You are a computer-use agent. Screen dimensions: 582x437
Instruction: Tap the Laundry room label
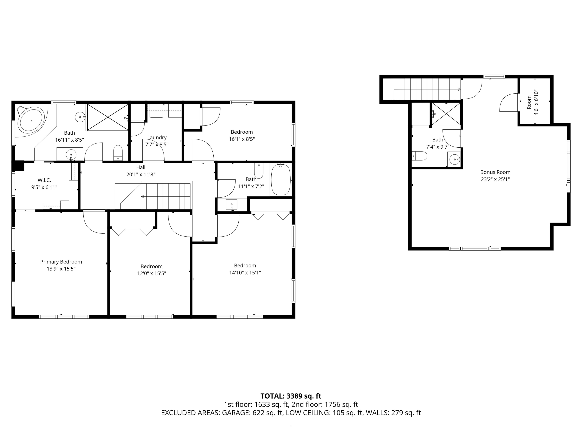[x=157, y=138]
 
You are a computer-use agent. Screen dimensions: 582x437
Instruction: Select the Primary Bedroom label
[x=61, y=262]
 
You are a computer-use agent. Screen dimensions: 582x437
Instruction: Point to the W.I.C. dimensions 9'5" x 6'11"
[x=44, y=187]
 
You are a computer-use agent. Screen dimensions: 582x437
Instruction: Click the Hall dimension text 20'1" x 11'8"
[x=141, y=174]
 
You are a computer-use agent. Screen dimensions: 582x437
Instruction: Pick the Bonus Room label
[x=495, y=172]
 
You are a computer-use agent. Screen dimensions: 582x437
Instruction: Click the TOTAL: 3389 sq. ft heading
[x=291, y=396]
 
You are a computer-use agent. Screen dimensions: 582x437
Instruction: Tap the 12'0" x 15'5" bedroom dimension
[x=152, y=273]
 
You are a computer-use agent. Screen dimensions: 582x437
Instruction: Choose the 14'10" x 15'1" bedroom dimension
[x=245, y=273]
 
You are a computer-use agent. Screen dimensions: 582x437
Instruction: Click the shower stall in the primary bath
[x=108, y=117]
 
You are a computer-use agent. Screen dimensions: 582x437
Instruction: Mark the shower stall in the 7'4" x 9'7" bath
[x=446, y=114]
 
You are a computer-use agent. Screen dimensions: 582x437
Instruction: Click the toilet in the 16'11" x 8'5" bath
[x=118, y=153]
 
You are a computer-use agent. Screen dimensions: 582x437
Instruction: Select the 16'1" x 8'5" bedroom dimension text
[x=242, y=139]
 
